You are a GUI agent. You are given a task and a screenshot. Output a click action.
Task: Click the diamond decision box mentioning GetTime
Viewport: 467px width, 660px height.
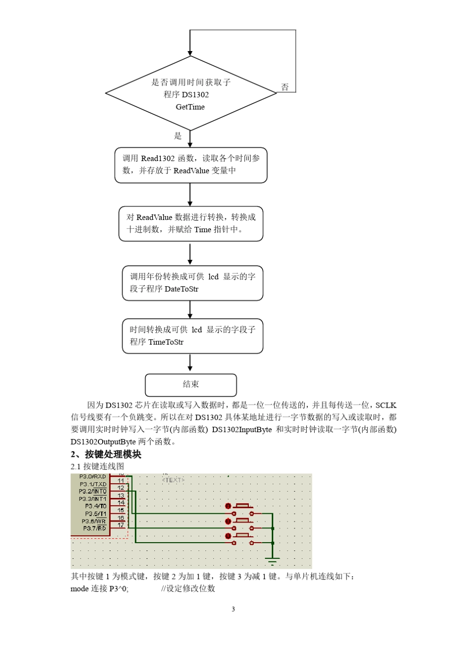191,94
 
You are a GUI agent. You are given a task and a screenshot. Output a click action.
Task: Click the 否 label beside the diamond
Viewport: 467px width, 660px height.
285,87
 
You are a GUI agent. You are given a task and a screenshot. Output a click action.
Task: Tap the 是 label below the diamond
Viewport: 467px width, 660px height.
178,136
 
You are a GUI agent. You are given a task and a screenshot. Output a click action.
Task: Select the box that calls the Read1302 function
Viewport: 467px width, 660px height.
191,165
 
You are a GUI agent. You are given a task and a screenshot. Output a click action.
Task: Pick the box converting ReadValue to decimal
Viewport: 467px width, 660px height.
191,223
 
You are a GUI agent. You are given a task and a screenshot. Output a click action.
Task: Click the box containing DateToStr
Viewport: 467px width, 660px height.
192,283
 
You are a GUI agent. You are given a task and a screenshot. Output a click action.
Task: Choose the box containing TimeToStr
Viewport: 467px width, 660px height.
192,336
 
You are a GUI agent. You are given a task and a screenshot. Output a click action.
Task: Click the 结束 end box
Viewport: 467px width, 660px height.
191,385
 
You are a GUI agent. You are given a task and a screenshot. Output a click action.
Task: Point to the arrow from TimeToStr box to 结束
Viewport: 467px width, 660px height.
190,363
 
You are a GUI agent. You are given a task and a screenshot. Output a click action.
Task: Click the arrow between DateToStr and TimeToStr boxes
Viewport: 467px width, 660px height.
190,309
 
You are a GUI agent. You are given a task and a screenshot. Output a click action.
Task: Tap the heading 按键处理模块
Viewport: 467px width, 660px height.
113,454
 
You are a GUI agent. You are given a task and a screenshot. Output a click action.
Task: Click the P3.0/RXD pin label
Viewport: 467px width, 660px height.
93,476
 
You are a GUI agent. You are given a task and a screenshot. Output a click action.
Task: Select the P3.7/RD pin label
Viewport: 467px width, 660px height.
94,528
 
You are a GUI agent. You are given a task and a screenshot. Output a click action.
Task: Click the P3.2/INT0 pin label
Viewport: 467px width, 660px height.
93,491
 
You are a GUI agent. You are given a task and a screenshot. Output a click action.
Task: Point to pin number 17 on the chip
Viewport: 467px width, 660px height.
121,525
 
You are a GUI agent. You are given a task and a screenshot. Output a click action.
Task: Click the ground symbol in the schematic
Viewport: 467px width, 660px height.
272,560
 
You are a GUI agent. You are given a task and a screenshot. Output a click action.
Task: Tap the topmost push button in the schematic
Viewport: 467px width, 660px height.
243,506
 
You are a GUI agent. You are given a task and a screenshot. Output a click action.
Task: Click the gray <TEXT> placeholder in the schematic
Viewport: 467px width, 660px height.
173,480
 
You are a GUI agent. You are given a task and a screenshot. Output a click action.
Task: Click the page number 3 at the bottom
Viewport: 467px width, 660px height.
233,609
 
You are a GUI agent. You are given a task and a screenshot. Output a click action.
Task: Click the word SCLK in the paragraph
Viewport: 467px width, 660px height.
385,405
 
